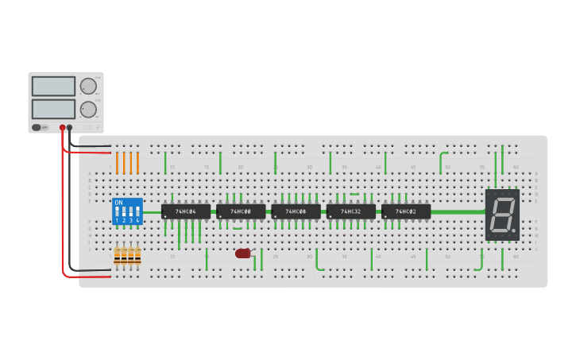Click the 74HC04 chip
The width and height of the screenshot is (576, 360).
tap(186, 211)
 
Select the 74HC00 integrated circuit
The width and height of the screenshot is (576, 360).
tap(241, 211)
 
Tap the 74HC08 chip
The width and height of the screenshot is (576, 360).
tap(296, 211)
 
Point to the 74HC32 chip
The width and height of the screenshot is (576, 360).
tap(350, 211)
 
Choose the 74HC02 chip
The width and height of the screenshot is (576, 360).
tap(406, 211)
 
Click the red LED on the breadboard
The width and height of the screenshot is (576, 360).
tap(242, 254)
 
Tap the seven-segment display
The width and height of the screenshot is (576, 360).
tap(502, 215)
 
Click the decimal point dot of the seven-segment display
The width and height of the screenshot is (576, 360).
tap(514, 231)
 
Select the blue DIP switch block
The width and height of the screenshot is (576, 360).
tap(127, 211)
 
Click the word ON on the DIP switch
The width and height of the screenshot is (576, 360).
tap(119, 203)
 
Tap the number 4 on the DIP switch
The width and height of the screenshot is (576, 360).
tap(137, 220)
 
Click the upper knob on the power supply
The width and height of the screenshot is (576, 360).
tap(88, 86)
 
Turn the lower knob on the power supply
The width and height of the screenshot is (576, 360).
tap(88, 110)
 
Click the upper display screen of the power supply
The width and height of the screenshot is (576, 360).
tap(53, 86)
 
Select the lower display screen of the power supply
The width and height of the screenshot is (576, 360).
tap(53, 109)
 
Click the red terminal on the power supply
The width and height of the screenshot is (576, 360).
tap(62, 127)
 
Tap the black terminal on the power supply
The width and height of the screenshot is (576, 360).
tap(69, 127)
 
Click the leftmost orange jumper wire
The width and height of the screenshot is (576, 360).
tap(117, 163)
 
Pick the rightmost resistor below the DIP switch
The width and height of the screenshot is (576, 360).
tap(137, 255)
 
